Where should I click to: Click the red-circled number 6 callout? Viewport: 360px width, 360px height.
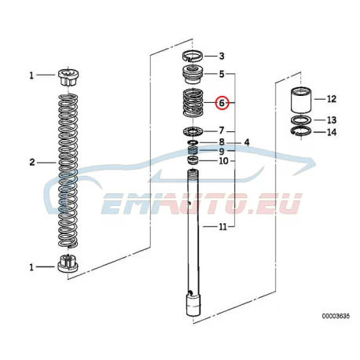point(222,103)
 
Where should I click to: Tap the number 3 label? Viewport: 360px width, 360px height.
point(222,56)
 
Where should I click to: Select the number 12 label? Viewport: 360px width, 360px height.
point(331,99)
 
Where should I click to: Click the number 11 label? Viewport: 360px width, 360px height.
point(222,226)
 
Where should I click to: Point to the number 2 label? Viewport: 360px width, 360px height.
point(32,163)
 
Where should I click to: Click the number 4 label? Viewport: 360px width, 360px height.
point(247,142)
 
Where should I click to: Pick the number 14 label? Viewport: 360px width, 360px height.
point(332,132)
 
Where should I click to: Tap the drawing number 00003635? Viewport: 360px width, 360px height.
point(336,316)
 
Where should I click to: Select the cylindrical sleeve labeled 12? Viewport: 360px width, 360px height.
point(301,100)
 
